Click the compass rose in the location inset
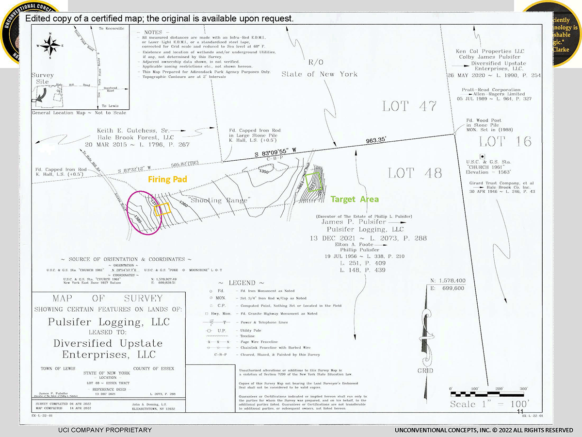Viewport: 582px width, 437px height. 49,45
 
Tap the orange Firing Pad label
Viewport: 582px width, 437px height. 167,180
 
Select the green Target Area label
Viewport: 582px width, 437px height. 355,199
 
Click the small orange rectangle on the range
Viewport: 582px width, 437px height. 162,209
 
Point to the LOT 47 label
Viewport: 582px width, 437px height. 409,106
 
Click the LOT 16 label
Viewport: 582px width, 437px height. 505,141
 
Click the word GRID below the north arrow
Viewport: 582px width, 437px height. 425,371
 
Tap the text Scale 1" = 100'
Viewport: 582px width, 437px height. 489,404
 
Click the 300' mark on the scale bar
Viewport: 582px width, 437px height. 523,389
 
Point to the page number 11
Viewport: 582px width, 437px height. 520,412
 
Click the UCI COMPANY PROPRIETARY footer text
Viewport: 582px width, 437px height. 105,430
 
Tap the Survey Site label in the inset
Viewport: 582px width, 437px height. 43,79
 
